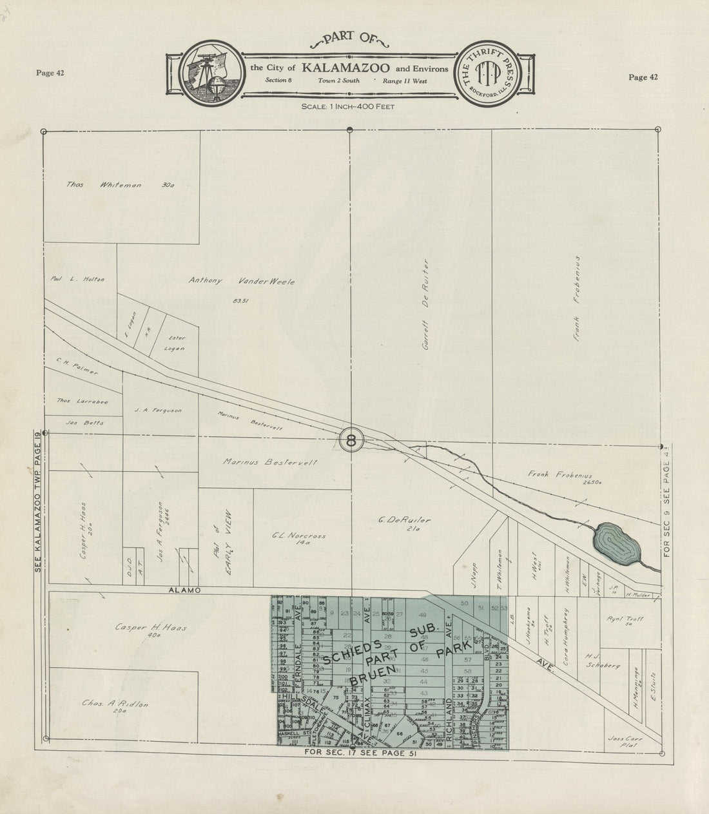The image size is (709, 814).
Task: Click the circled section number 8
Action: [351, 441]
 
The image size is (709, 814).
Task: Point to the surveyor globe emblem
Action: [206, 71]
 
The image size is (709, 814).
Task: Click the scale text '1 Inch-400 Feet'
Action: [347, 106]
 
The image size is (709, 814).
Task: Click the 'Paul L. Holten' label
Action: [78, 279]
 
